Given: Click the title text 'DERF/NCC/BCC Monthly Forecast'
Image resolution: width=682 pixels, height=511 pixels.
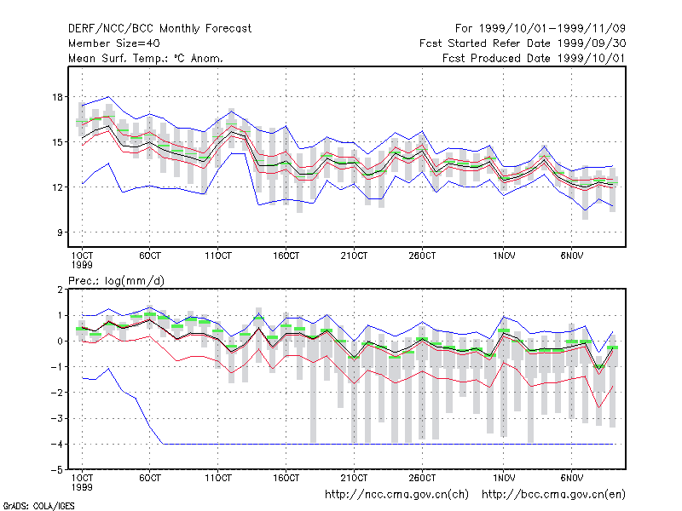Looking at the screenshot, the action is click(159, 29).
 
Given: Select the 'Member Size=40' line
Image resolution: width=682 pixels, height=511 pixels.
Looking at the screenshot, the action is click(114, 43).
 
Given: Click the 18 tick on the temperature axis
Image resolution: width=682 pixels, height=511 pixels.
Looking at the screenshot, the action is click(58, 97).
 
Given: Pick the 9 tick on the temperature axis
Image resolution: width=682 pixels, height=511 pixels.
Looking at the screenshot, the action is click(60, 233).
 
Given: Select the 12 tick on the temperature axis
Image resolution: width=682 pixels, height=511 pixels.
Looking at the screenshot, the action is click(58, 187).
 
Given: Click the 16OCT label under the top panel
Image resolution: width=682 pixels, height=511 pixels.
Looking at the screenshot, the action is click(286, 255).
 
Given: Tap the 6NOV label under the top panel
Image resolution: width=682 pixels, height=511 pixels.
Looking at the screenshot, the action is click(571, 255).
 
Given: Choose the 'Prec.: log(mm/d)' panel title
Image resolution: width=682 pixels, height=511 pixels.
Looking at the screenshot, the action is click(117, 281).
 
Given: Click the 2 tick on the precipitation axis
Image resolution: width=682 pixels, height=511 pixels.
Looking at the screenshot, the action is click(60, 290).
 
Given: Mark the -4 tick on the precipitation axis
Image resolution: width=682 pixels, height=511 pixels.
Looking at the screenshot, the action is click(56, 444).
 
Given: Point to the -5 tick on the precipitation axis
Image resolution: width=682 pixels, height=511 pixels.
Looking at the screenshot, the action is click(56, 470).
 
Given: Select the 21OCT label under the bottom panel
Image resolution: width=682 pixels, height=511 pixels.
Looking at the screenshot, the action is click(354, 478).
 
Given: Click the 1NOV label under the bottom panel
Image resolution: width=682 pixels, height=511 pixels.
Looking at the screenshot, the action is click(504, 478).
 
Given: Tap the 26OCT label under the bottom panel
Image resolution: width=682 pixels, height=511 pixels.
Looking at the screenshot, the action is click(422, 478).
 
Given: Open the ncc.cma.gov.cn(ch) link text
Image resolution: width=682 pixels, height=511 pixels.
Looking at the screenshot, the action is click(396, 495).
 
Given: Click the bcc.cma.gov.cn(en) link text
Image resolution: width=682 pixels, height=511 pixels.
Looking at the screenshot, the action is click(553, 495).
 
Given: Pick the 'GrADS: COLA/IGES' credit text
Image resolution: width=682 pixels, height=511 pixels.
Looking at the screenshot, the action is click(38, 506).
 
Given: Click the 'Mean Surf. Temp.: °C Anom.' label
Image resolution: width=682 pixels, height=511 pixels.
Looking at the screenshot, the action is click(146, 58).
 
